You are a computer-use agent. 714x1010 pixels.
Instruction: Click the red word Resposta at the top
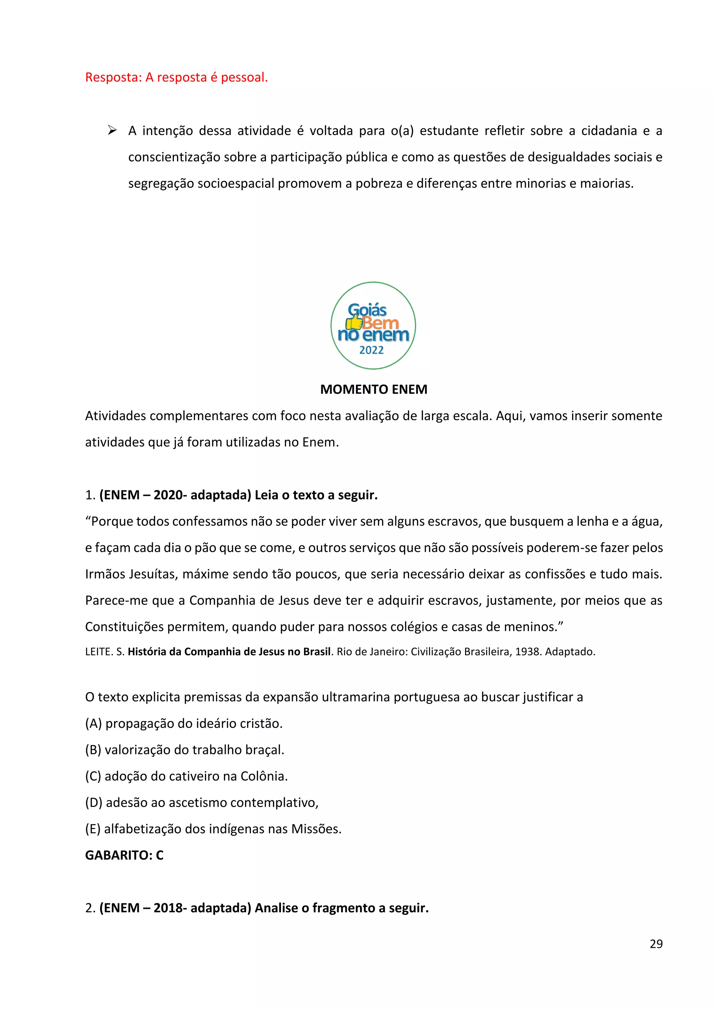click(x=113, y=77)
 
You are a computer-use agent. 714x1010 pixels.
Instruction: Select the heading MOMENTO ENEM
click(x=373, y=389)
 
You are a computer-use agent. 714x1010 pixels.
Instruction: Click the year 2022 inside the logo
click(x=372, y=350)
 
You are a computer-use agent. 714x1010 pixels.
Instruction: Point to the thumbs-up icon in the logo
click(x=354, y=323)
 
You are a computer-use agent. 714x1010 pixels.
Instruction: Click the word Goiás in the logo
click(x=367, y=310)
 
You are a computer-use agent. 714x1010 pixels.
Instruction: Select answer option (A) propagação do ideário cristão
click(x=184, y=723)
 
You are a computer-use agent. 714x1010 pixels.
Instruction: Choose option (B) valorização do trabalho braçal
click(x=185, y=749)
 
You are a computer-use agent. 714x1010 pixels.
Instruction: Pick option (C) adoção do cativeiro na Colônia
click(x=187, y=776)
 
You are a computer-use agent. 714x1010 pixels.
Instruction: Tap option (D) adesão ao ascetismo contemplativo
click(x=202, y=802)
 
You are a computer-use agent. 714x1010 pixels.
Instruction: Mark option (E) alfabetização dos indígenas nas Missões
click(x=213, y=829)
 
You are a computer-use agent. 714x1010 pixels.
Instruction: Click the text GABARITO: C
click(x=124, y=855)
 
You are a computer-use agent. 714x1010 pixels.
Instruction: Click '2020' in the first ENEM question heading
click(x=168, y=495)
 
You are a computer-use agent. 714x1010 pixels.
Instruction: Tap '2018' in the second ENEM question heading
click(x=168, y=908)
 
